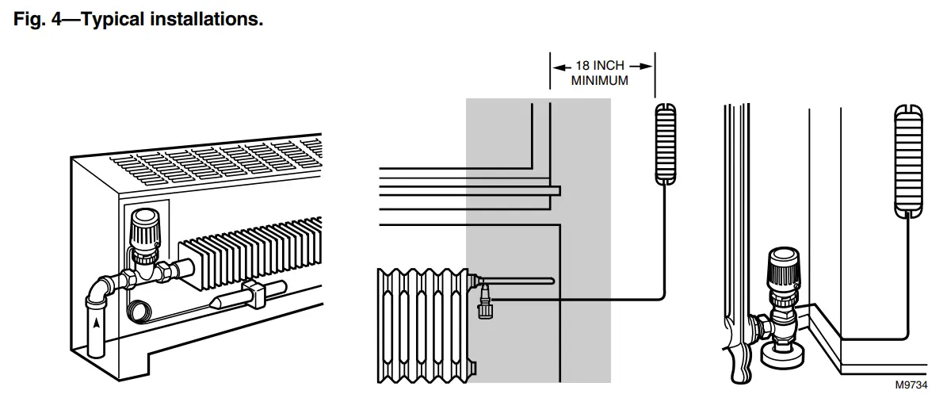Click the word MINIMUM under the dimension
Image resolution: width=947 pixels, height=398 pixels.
(x=601, y=80)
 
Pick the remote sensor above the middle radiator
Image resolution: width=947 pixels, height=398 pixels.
(x=666, y=144)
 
